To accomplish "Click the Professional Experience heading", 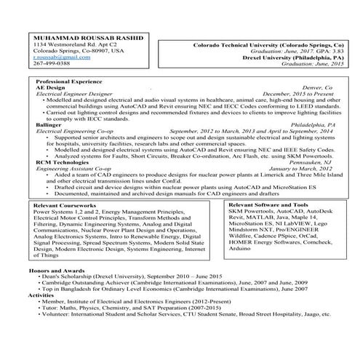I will point(71,81).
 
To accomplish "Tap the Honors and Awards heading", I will point(57,270).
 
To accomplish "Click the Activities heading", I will point(41,295).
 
